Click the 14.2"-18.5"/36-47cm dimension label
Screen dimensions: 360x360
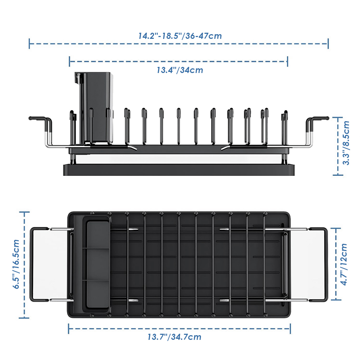(180, 36)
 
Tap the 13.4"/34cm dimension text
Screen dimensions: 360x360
(180, 70)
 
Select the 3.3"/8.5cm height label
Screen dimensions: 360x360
(346, 143)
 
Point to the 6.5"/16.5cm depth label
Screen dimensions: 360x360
(16, 264)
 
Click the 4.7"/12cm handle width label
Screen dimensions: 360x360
(344, 264)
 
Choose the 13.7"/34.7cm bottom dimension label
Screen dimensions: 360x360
(175, 337)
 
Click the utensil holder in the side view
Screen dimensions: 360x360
(94, 108)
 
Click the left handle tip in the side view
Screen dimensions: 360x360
(30, 118)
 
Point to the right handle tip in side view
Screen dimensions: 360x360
(327, 118)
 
